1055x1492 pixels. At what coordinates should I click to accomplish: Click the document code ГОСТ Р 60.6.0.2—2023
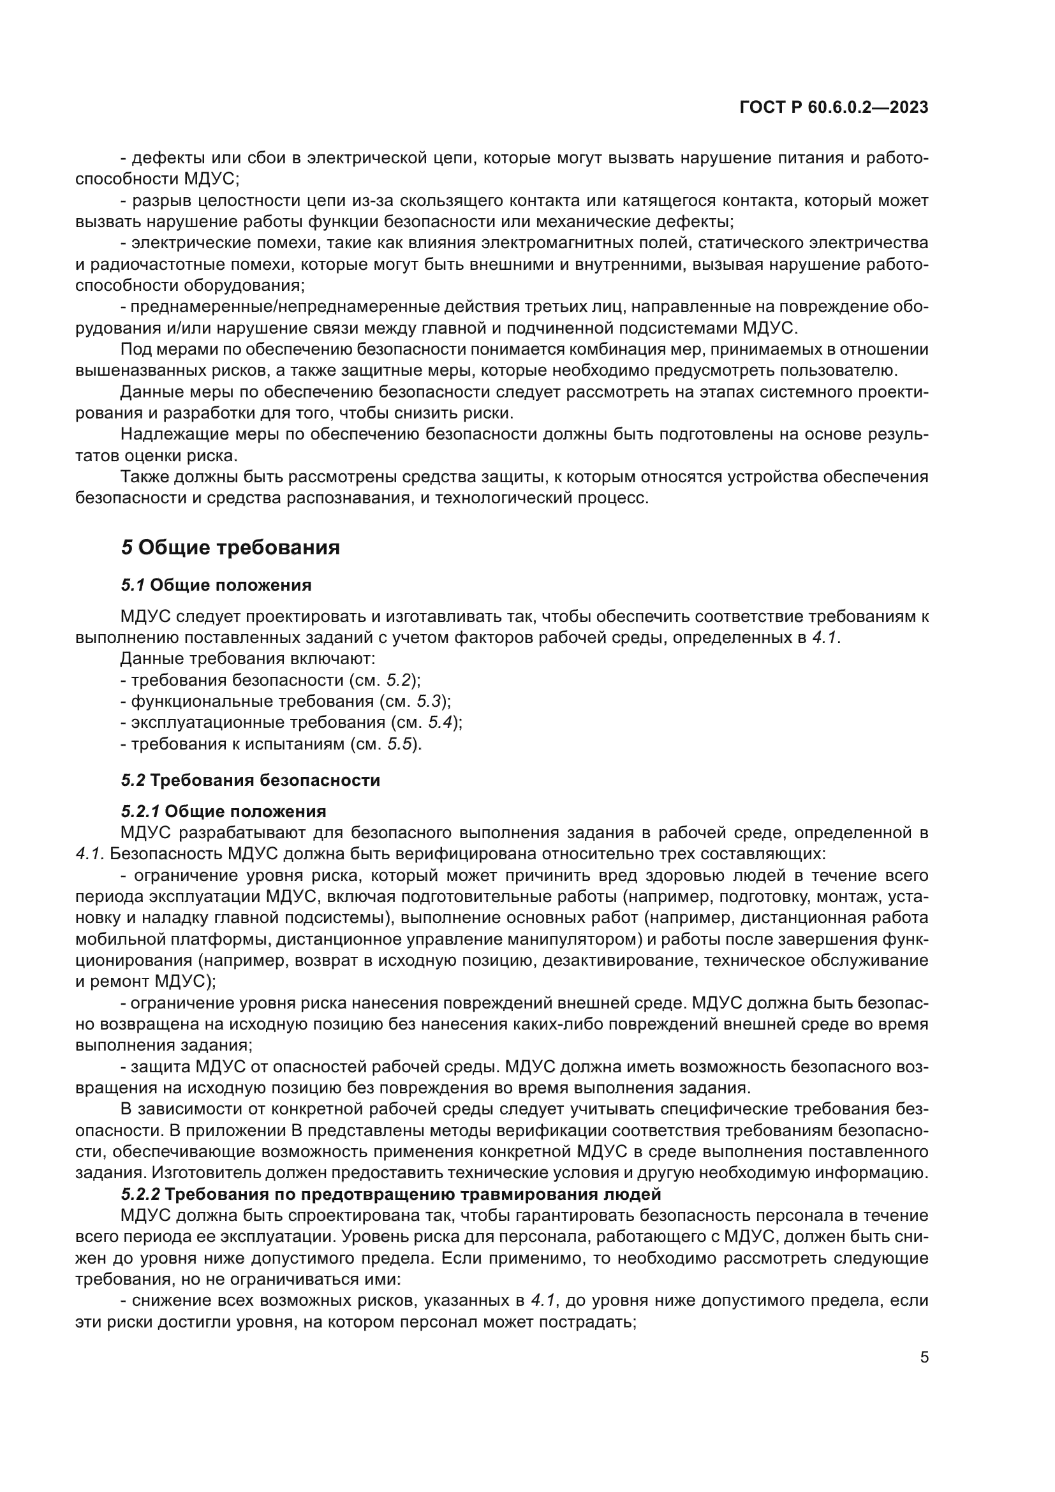click(x=834, y=108)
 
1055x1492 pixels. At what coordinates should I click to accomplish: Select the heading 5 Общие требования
click(x=230, y=548)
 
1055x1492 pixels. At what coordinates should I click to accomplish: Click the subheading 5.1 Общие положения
click(x=216, y=586)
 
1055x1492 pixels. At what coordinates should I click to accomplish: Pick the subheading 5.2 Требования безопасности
click(x=250, y=780)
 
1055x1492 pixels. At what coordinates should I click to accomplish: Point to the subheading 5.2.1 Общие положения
click(x=223, y=811)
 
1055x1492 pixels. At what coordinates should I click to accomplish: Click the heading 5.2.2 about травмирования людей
click(x=390, y=1194)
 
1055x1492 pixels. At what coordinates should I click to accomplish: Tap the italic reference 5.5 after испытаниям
click(x=400, y=744)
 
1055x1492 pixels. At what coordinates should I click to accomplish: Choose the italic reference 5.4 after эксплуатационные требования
click(x=440, y=723)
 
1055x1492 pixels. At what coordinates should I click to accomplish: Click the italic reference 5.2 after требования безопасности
click(x=399, y=681)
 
